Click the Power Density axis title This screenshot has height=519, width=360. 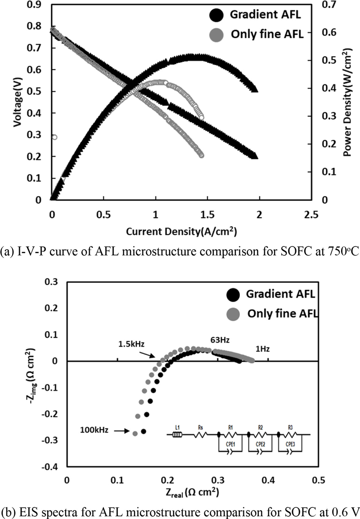[x=347, y=112]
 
